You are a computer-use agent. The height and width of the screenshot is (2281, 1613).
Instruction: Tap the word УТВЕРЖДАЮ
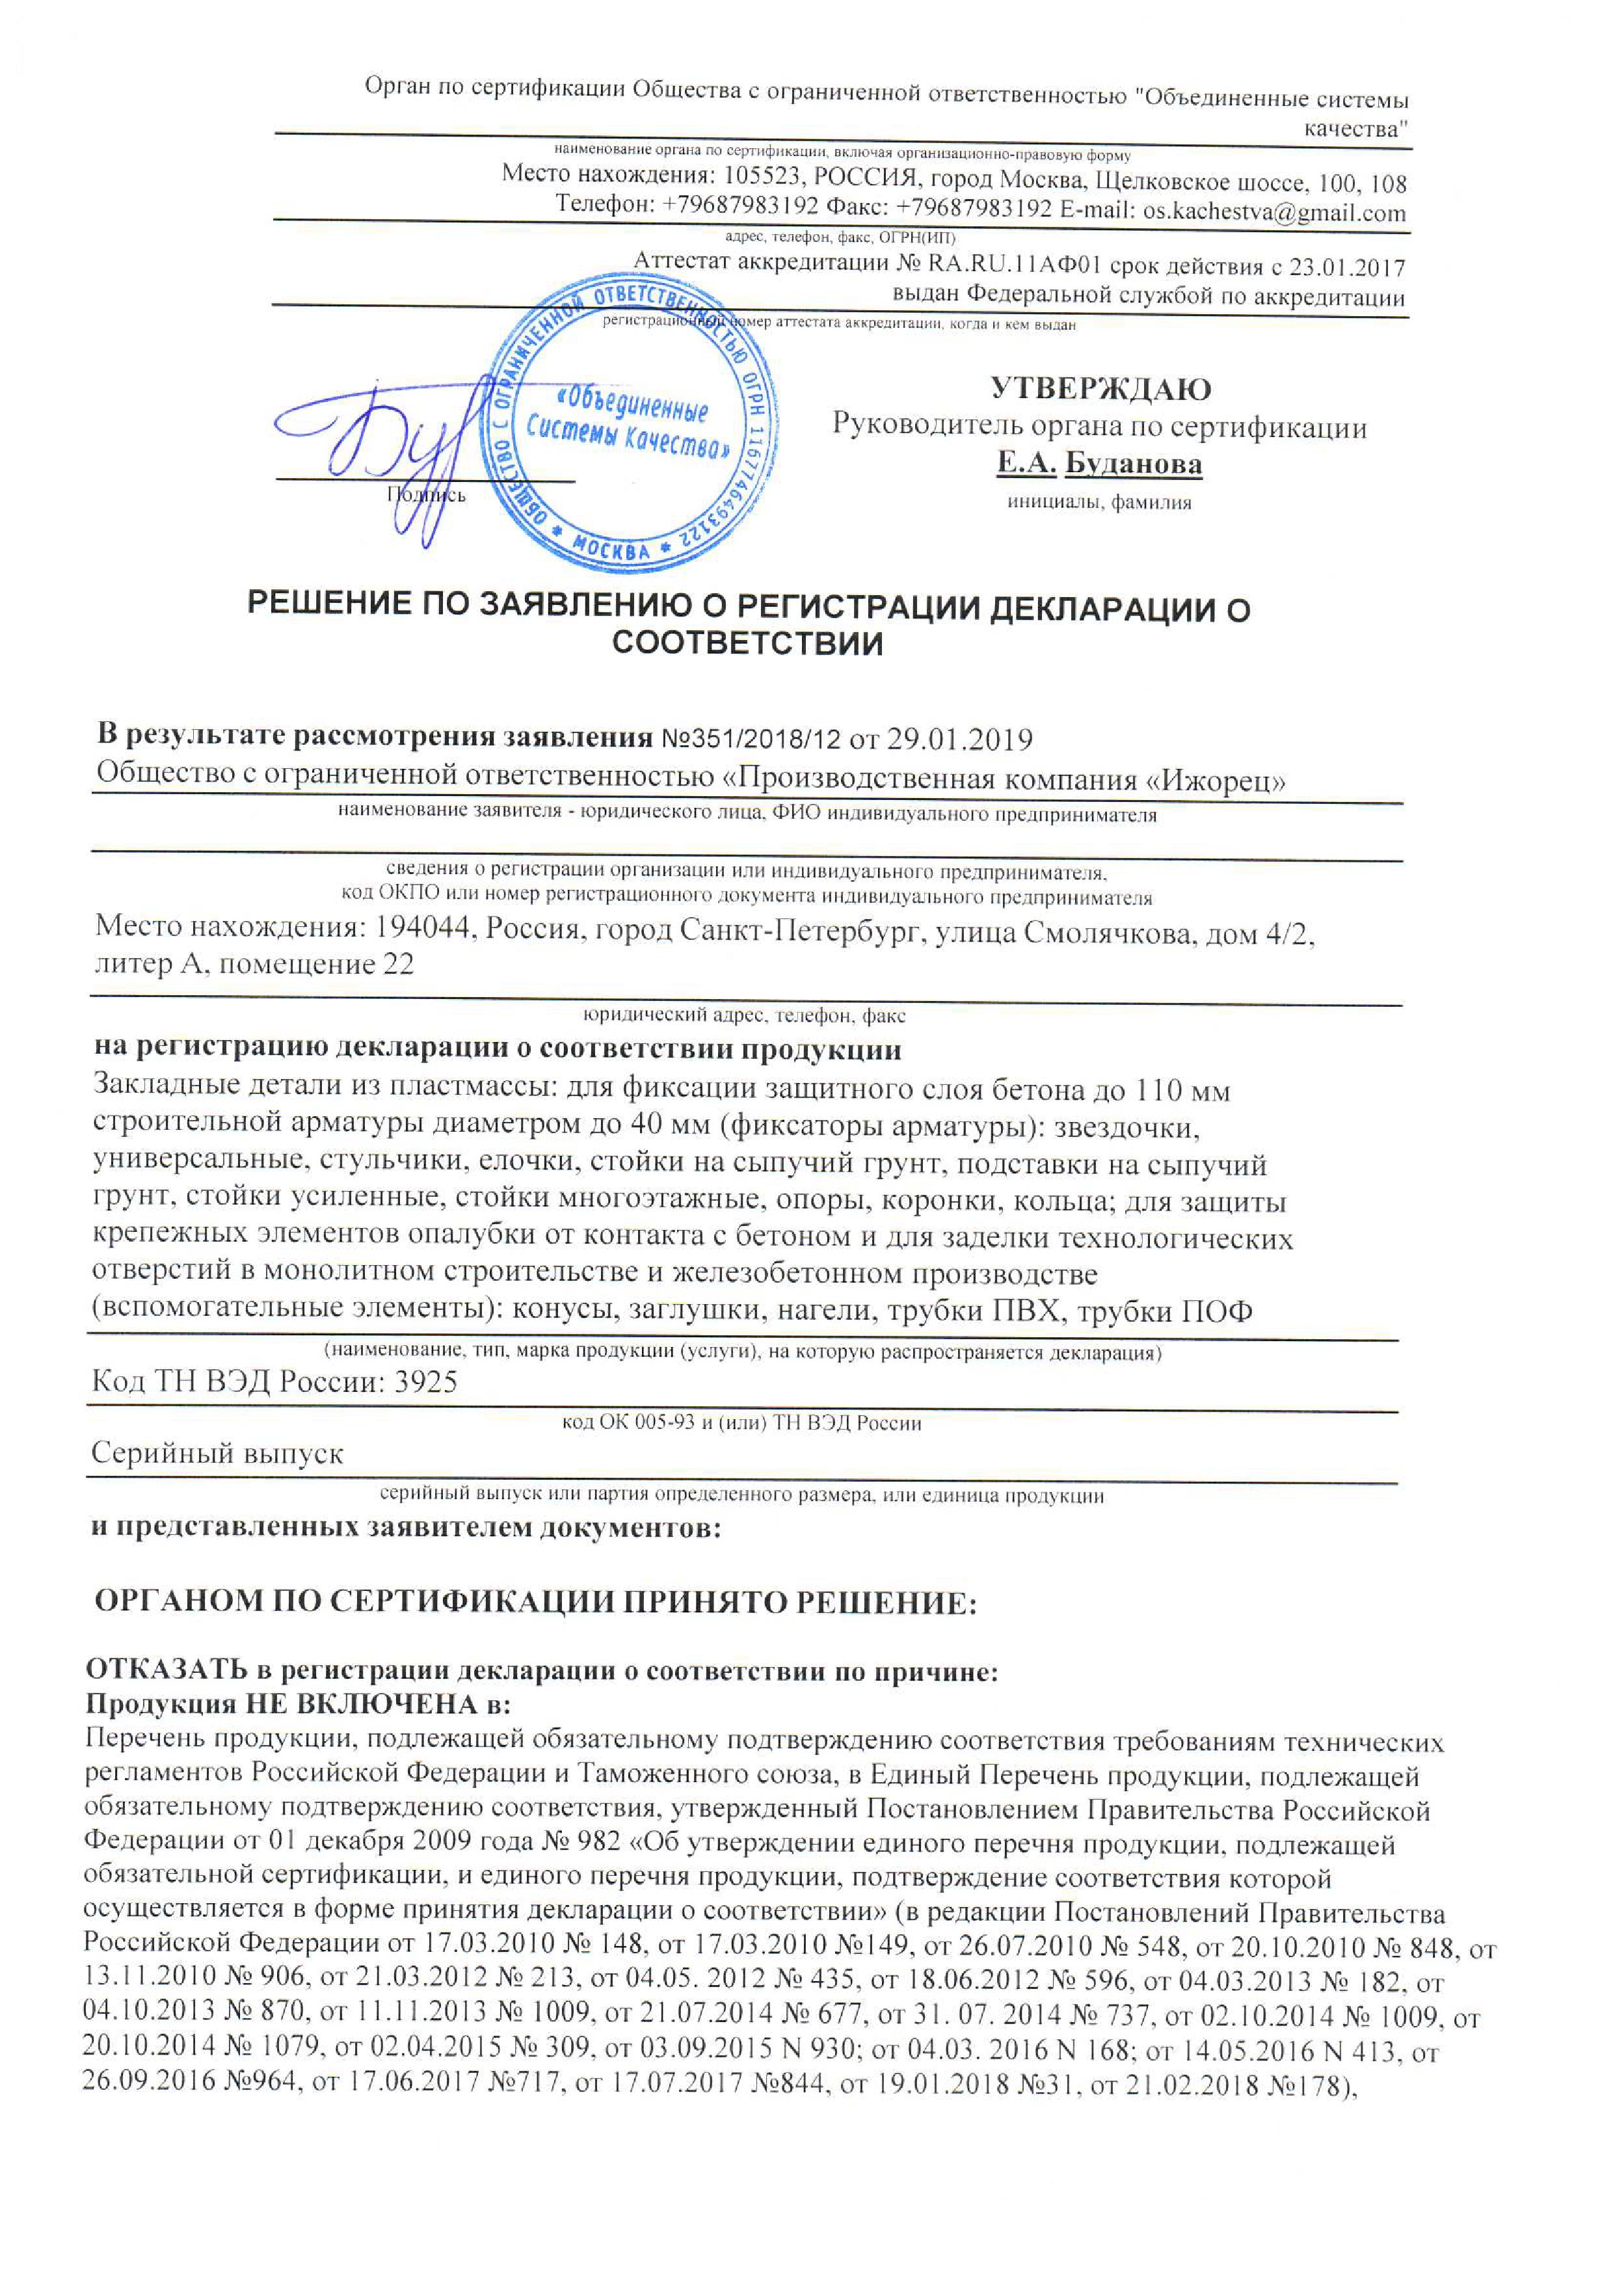click(x=1099, y=388)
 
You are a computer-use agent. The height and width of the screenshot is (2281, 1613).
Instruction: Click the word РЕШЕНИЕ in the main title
click(x=328, y=608)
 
